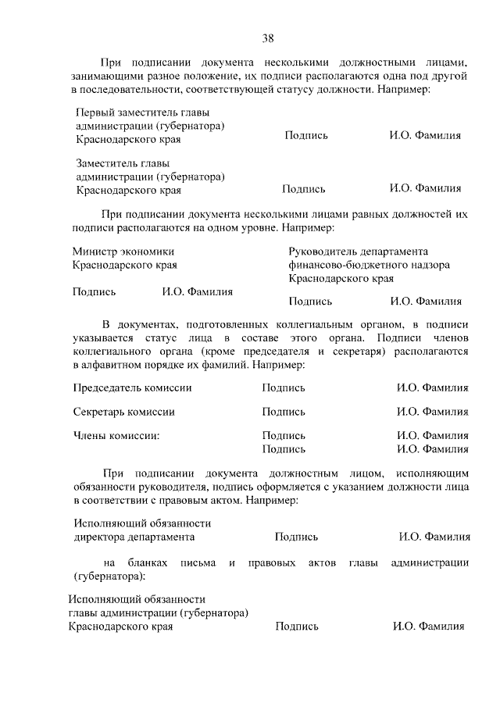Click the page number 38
[x=268, y=37]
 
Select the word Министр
[x=95, y=252]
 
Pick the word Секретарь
[x=100, y=412]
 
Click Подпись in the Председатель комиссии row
[x=284, y=387]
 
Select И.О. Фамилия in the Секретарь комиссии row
[x=432, y=412]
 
